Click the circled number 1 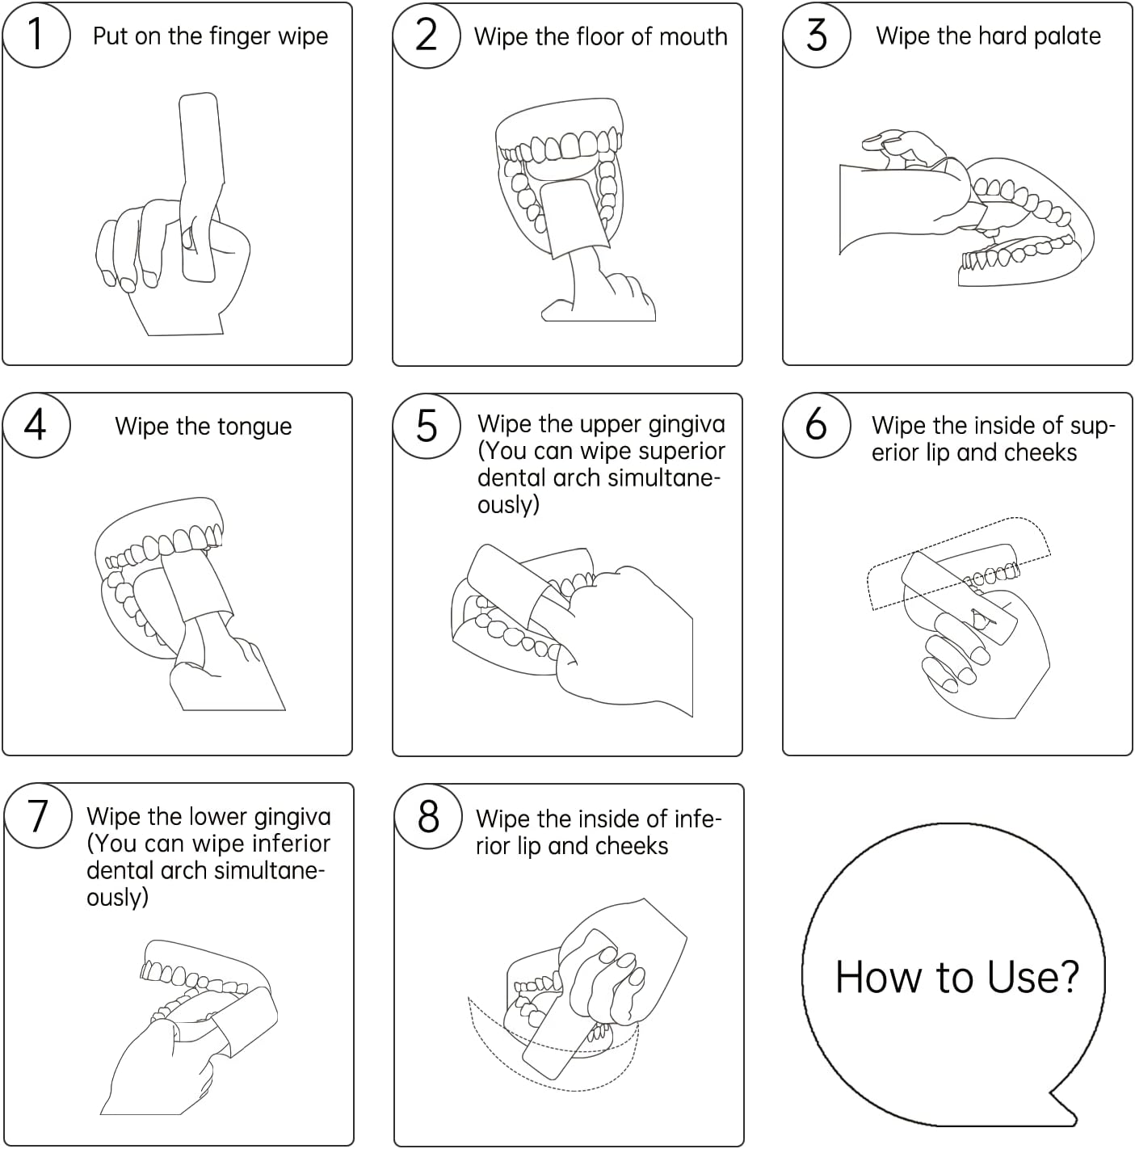pyautogui.click(x=36, y=34)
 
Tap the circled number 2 pyautogui.click(x=427, y=36)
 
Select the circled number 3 pyautogui.click(x=817, y=35)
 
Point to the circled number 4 pyautogui.click(x=36, y=425)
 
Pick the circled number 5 pyautogui.click(x=427, y=426)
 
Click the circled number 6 pyautogui.click(x=817, y=425)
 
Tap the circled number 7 pyautogui.click(x=38, y=815)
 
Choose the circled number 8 pyautogui.click(x=428, y=816)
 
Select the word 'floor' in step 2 pyautogui.click(x=600, y=37)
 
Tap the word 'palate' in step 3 pyautogui.click(x=1067, y=37)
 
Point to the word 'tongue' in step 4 pyautogui.click(x=254, y=427)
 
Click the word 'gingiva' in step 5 pyautogui.click(x=687, y=425)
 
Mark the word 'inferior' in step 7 pyautogui.click(x=291, y=844)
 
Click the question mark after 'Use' pyautogui.click(x=1066, y=977)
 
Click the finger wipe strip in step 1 pyautogui.click(x=202, y=187)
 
